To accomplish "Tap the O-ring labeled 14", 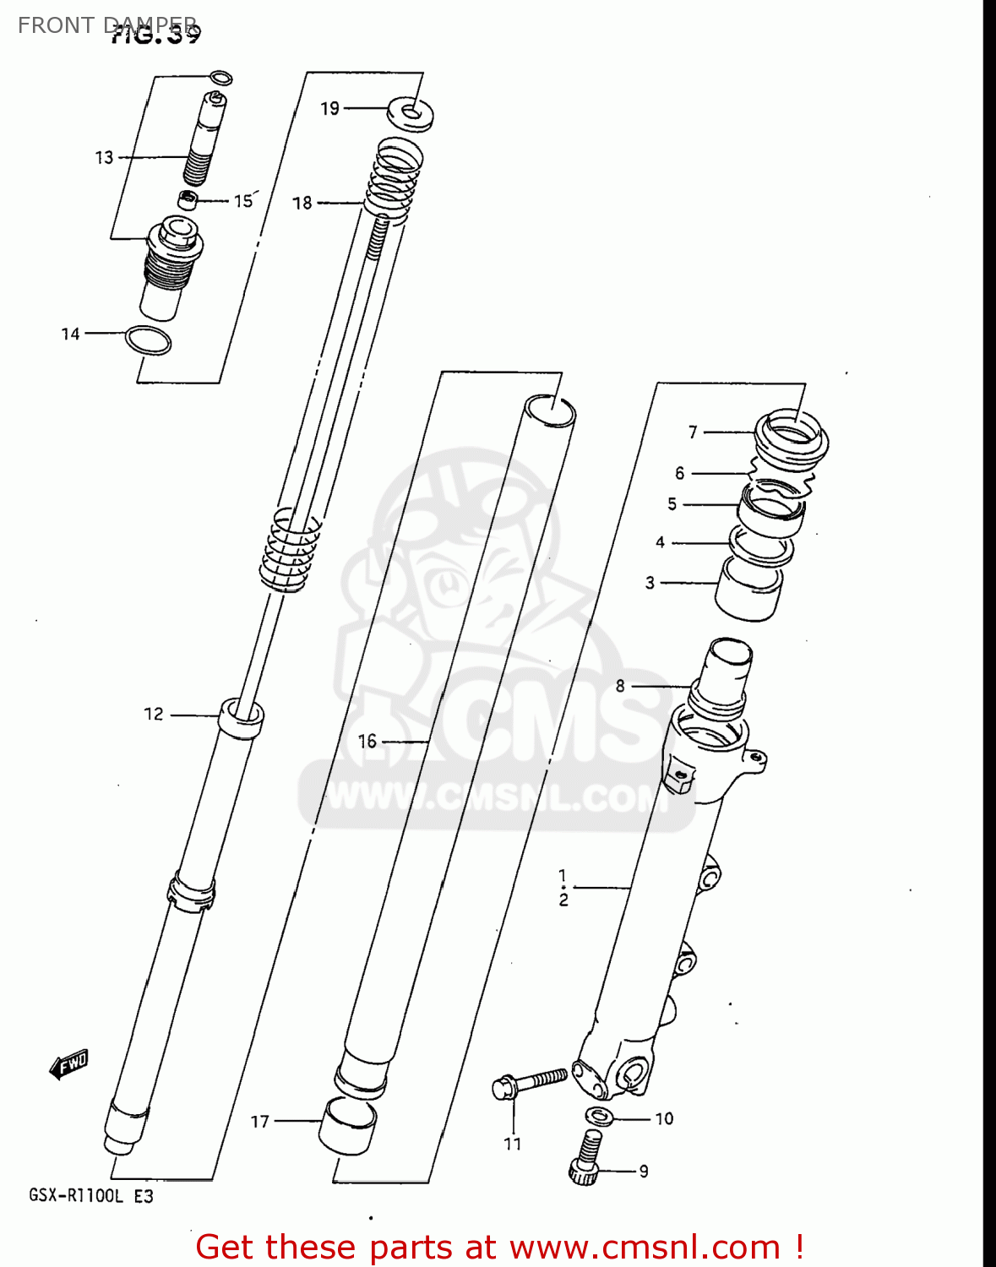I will (x=148, y=340).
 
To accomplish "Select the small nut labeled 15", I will (x=188, y=200).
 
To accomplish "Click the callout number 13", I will (x=104, y=158).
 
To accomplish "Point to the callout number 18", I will (x=302, y=203).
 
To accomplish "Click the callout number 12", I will (x=154, y=715).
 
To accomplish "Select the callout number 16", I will (x=367, y=742).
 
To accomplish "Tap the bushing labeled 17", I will (x=347, y=1126).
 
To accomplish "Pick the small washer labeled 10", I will (x=599, y=1116).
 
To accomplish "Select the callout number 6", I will (x=680, y=474).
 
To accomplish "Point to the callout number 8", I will (x=621, y=686).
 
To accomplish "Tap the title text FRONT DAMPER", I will (x=108, y=25).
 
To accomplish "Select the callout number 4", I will (x=661, y=543).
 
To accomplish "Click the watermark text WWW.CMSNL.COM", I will (x=494, y=797).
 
